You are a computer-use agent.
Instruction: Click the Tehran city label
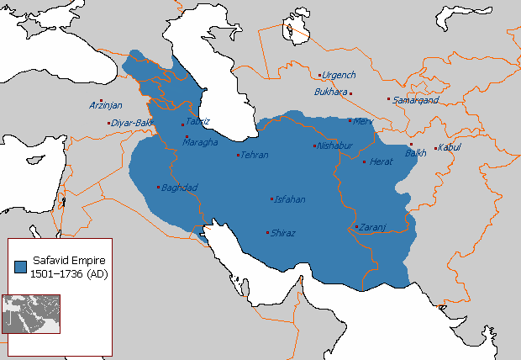(x=255, y=155)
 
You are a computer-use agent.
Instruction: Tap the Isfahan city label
(x=289, y=200)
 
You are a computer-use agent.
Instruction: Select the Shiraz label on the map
(x=282, y=233)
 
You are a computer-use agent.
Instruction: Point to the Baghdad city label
(x=179, y=187)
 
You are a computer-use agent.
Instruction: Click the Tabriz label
(x=197, y=121)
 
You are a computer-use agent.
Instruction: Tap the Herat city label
(x=381, y=161)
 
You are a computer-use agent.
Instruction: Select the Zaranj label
(x=371, y=227)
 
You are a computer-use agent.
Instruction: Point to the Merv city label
(x=363, y=121)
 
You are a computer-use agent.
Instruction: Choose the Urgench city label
(x=339, y=75)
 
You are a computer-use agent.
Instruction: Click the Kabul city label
(x=450, y=149)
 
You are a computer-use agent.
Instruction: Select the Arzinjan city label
(x=106, y=105)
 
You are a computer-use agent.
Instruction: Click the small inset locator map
(x=31, y=313)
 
